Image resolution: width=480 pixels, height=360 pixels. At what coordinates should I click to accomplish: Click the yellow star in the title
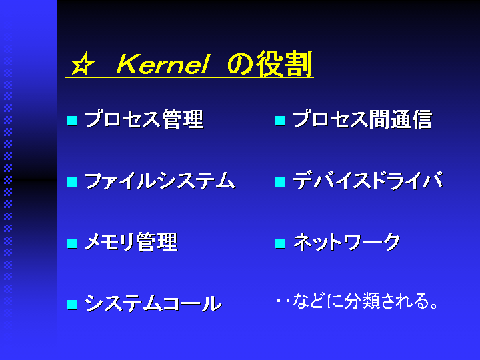[83, 64]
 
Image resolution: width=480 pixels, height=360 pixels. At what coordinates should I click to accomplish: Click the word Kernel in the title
[163, 64]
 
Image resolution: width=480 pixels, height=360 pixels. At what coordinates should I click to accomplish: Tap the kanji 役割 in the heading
[284, 64]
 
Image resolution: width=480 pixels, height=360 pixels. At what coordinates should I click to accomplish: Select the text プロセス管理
[144, 119]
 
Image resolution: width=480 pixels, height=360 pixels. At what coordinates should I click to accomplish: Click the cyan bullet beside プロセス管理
[72, 120]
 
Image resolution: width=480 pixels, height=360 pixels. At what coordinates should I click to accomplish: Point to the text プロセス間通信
[363, 119]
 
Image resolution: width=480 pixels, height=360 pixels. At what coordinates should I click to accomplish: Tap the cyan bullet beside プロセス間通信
[280, 120]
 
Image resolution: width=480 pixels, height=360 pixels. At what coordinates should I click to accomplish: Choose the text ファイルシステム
[160, 181]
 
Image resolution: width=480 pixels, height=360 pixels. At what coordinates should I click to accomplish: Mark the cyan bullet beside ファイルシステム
[72, 182]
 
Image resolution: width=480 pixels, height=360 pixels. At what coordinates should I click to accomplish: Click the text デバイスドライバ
[368, 180]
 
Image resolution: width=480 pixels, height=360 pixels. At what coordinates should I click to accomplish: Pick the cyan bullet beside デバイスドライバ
[280, 182]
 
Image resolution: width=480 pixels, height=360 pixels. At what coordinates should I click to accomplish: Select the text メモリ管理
[131, 242]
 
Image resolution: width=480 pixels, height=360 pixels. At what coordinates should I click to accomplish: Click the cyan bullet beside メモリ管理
[72, 243]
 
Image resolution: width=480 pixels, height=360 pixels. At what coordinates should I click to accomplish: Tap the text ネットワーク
[347, 242]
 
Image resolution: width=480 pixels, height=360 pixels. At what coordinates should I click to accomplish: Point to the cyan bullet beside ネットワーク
[280, 243]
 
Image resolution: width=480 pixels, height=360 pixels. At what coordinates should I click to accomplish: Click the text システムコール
[153, 303]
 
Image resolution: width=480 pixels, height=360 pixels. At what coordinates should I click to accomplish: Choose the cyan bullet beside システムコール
[72, 305]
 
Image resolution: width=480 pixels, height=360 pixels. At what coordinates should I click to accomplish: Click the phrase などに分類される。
[365, 301]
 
